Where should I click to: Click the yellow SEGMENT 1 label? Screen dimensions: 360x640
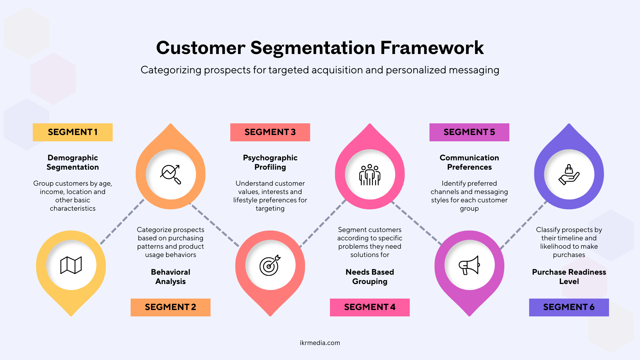73,132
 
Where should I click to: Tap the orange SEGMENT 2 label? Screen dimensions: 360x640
170,307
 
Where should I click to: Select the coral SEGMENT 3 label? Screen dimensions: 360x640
270,132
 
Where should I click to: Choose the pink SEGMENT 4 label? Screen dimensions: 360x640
370,307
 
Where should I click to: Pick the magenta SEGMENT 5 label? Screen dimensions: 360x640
469,132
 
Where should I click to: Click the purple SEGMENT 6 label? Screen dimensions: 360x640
569,307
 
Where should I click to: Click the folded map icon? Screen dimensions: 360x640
71,265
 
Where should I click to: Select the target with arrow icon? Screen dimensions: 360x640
270,265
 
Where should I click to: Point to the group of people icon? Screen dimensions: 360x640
370,175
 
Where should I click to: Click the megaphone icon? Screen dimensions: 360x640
469,265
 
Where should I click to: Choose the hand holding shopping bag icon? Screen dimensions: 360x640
569,175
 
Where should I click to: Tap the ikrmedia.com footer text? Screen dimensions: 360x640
320,343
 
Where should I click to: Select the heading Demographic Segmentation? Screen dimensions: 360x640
73,162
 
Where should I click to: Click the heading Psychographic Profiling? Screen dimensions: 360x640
270,162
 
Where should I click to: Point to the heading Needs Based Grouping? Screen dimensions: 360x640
370,277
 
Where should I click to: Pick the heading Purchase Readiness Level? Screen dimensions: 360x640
569,277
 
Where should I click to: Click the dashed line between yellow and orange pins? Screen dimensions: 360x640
122,222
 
